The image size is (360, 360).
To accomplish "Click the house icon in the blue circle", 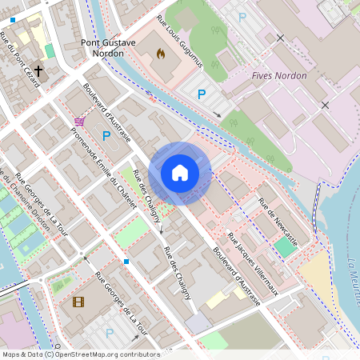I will pos(180,173).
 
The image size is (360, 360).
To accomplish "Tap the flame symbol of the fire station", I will pos(160,56).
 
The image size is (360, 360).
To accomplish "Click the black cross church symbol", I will pos(38,70).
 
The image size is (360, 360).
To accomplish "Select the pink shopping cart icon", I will pos(79,122).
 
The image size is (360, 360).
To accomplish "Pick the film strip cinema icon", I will pos(78,302).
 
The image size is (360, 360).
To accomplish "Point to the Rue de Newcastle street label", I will pos(278,220).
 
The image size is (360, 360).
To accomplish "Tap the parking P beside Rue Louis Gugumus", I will pos(202,94).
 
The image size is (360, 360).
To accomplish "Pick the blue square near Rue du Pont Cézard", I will pos(13,18).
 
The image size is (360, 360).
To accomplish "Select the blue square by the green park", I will pos(126,261).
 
